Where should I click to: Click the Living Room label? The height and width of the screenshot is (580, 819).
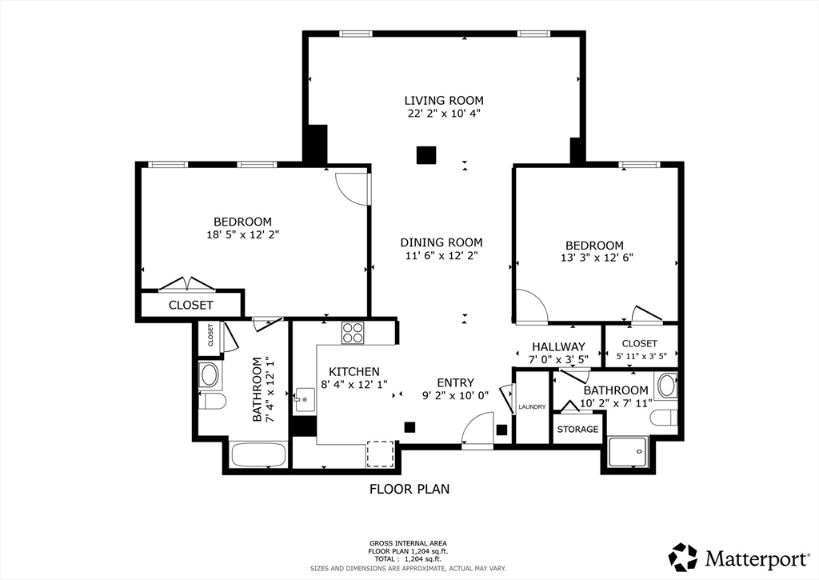[444, 100]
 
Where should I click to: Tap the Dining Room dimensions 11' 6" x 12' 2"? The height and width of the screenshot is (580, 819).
[441, 255]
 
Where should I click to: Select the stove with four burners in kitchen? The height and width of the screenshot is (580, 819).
[353, 333]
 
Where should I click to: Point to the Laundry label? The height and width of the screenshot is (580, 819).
[532, 407]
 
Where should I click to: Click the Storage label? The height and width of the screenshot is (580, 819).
[577, 430]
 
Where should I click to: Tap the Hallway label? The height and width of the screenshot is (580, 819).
[558, 346]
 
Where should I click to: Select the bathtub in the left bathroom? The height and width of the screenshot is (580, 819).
[258, 455]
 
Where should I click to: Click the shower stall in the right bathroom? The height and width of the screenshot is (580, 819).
[628, 452]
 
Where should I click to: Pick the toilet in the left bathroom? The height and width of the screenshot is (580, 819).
[212, 402]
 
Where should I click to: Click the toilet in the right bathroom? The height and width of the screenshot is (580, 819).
[664, 418]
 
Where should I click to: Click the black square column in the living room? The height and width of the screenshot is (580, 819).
[426, 155]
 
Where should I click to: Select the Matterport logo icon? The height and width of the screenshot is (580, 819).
[683, 558]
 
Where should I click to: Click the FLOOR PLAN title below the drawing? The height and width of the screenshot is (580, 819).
[409, 489]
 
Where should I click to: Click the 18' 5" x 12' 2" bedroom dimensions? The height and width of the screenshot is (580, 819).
[243, 234]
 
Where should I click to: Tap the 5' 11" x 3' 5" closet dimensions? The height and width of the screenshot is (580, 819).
[640, 357]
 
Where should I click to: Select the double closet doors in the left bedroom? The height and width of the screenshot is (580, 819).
[187, 283]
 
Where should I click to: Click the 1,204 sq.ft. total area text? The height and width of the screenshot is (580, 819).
[423, 558]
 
